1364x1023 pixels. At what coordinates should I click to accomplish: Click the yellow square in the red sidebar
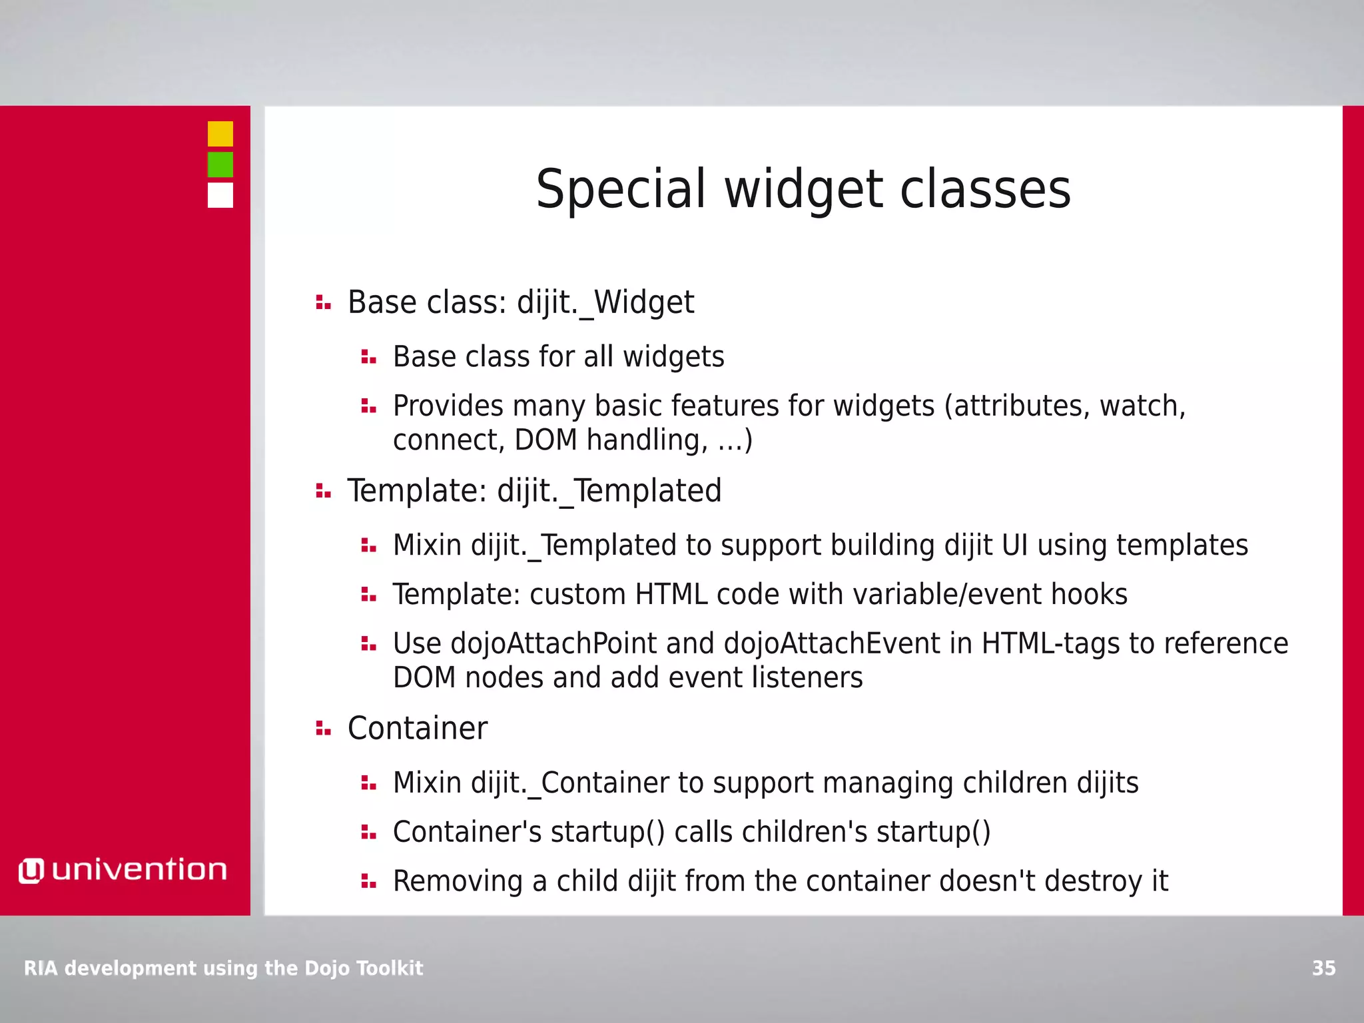[220, 134]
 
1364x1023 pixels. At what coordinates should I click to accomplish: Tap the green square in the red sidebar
[220, 165]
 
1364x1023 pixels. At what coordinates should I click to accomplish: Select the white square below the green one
[220, 195]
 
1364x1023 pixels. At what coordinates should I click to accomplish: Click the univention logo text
[139, 870]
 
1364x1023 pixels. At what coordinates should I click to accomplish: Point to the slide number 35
[1323, 968]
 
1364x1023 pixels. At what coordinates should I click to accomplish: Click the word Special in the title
[620, 189]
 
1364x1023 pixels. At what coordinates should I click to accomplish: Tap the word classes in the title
[985, 189]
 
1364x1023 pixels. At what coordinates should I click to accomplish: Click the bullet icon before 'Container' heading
[323, 729]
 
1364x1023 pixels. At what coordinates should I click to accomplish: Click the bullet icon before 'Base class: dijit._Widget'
[323, 303]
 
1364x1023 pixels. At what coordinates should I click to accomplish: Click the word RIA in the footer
[41, 968]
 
